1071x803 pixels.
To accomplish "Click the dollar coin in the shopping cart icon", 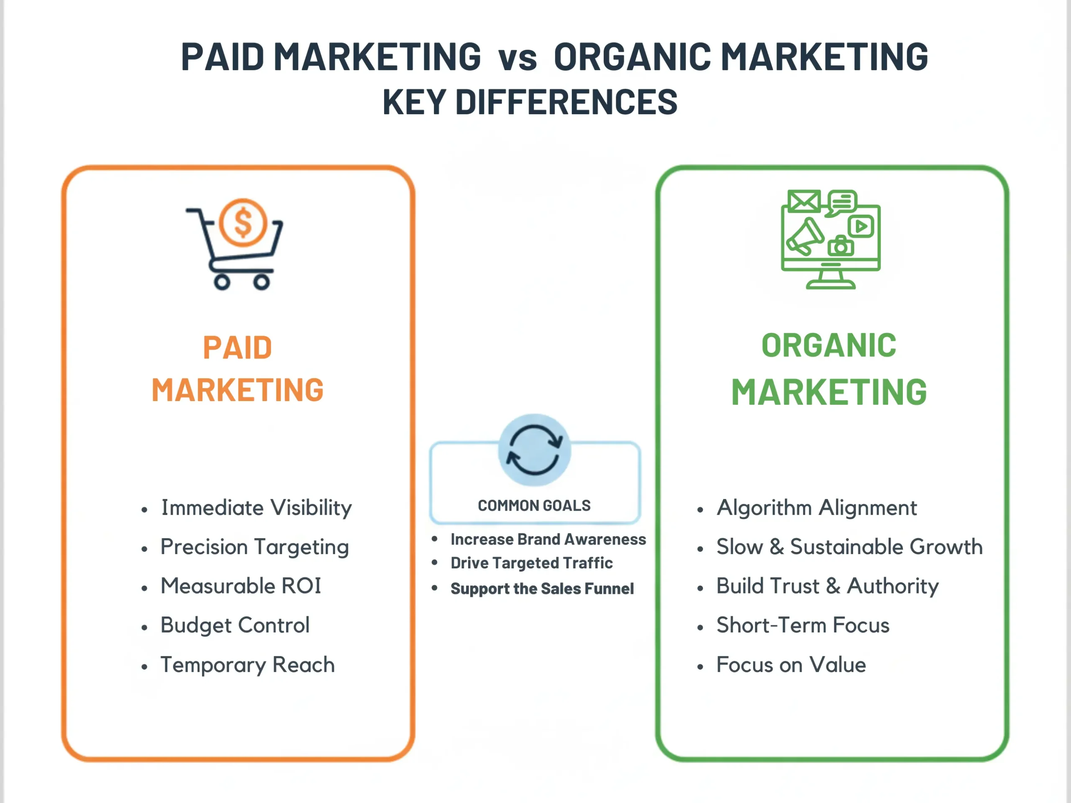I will pos(243,222).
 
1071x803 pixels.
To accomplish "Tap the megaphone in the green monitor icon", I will pos(804,237).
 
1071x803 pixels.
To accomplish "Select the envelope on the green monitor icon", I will pos(804,201).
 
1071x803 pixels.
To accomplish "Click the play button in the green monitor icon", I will pos(861,226).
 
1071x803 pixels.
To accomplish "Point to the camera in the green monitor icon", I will pos(841,246).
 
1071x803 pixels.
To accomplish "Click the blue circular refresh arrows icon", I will pos(535,450).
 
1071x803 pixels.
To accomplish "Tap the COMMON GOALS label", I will pos(534,505).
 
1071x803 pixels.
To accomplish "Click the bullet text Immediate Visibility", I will pos(256,508).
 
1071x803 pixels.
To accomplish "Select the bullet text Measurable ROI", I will pos(241,586).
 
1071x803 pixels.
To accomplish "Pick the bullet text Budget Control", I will pos(235,625).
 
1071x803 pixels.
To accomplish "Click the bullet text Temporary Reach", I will pos(247,665).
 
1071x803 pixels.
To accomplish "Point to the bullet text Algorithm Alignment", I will pos(816,508).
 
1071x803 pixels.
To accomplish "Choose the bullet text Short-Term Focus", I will pos(803,625).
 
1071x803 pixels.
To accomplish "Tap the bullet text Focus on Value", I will pos(791,665).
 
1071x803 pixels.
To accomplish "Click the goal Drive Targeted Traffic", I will pos(531,563).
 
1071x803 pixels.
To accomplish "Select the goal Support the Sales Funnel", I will pos(542,588).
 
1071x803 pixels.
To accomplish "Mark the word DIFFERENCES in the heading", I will pos(566,102).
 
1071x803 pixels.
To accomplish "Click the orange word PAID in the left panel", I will pos(237,348).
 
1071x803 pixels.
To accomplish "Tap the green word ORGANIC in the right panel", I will pos(828,345).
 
